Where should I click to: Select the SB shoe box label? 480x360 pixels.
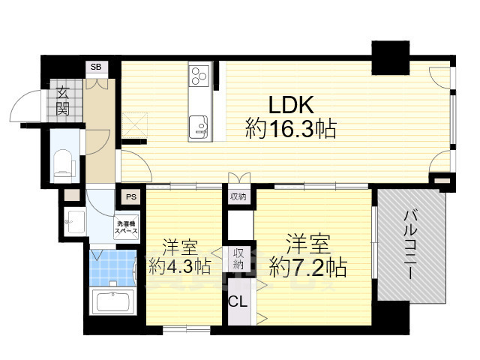pos(95,67)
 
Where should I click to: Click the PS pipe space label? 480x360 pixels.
pos(131,198)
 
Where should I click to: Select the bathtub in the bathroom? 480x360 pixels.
pos(111,304)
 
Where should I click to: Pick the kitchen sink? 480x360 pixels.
pos(199,125)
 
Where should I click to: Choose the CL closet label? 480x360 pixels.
pos(238,304)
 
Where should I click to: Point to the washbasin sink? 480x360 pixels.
pos(73,220)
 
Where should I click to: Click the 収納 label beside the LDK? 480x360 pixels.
pos(238,197)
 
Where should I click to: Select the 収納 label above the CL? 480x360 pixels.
pos(238,259)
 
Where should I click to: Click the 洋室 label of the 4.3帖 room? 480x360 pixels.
pos(179,245)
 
